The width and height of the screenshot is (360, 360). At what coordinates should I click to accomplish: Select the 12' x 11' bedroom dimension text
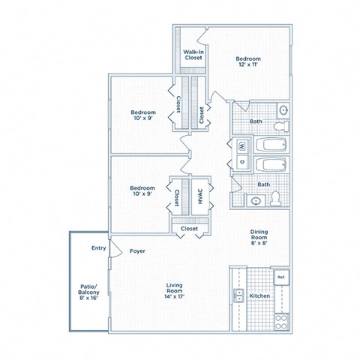coord(247,66)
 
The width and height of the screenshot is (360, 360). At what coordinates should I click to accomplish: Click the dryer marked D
coord(241,162)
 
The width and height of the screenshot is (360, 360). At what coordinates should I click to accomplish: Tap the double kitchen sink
coord(239,295)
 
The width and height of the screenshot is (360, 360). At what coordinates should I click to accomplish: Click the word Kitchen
coord(259,296)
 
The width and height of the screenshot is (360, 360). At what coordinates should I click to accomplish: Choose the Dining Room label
coord(259,236)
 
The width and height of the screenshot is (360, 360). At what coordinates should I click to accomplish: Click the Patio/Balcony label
coord(89,290)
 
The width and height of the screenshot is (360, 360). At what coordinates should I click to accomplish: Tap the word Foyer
coord(137,250)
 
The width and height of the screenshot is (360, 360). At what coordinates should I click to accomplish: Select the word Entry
coord(98,247)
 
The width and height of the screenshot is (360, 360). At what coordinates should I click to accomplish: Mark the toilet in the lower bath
coord(275,198)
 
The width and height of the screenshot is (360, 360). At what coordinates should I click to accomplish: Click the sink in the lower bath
coord(256,201)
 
